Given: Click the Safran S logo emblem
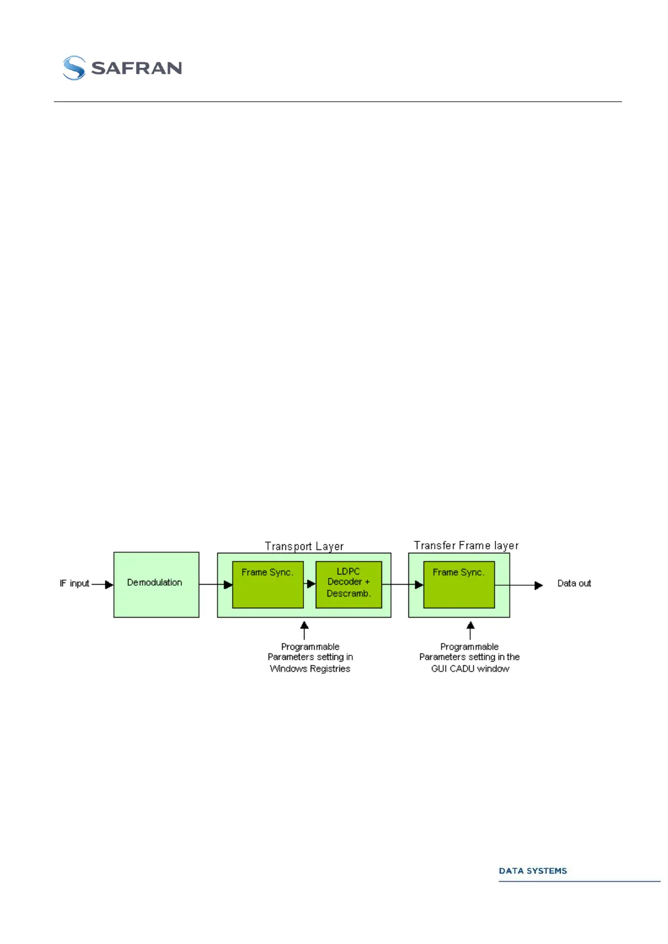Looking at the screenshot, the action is click(74, 68).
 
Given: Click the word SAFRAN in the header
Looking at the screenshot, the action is click(136, 68).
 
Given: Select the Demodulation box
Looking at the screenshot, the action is click(156, 584).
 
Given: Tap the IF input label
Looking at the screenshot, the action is click(74, 584).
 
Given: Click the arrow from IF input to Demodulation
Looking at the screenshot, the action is click(103, 585).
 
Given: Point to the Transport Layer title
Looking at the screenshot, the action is click(304, 546).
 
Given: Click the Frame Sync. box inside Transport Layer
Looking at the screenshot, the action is click(268, 585).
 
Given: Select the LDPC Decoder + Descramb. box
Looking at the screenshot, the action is click(348, 585).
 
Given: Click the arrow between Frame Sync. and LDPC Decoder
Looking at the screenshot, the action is click(310, 584).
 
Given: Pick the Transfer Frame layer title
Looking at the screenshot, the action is click(466, 545).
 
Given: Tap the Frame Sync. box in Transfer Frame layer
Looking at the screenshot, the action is click(459, 585).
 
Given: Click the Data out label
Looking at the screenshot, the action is click(574, 584).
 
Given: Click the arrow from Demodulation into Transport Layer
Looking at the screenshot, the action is click(216, 585).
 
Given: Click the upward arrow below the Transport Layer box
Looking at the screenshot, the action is click(305, 630).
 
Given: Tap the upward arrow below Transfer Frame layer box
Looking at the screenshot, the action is click(471, 630).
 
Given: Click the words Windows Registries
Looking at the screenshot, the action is click(310, 669).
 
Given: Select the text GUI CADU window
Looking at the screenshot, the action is click(470, 669).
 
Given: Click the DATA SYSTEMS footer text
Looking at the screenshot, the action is click(533, 871).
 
